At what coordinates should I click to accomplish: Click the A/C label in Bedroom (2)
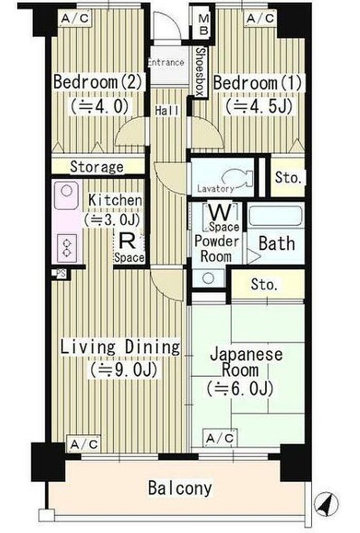point(75,18)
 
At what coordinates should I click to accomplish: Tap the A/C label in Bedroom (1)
point(260,18)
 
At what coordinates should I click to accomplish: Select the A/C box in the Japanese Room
point(220,438)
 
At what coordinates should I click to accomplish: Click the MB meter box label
point(204,25)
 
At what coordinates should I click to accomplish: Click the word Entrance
point(167,63)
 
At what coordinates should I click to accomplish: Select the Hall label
point(167,111)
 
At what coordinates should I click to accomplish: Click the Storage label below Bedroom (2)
point(97,167)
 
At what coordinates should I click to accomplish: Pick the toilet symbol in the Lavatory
point(238,178)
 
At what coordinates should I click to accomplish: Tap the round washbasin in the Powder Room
point(208,279)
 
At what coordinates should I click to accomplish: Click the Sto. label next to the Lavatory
point(288,177)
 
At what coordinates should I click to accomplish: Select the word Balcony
point(180,488)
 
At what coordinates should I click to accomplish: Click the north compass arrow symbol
point(326,505)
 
